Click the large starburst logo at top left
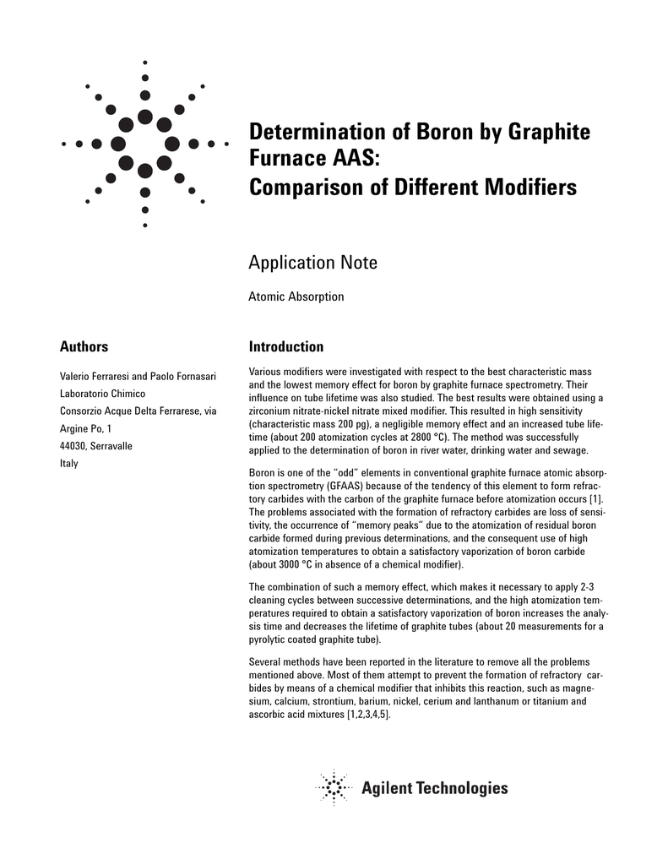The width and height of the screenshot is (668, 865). (145, 144)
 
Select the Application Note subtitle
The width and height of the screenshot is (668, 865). (312, 263)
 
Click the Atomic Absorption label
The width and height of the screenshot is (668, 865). (296, 296)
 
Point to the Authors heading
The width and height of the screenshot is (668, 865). (84, 346)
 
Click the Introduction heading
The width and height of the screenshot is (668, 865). (285, 346)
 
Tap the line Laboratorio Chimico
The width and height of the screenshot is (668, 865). (102, 394)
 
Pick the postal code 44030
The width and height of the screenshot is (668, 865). (73, 446)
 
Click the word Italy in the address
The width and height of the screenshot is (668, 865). (68, 464)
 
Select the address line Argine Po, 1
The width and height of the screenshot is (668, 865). (85, 429)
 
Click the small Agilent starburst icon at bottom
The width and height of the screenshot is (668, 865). (334, 788)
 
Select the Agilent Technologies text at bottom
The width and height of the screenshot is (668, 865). (435, 788)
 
